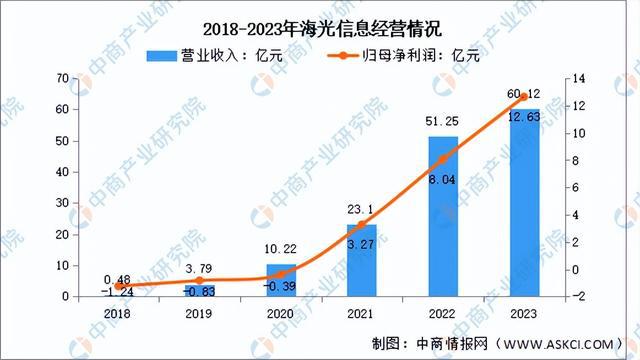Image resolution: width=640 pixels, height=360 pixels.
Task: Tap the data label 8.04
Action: [x=443, y=179]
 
